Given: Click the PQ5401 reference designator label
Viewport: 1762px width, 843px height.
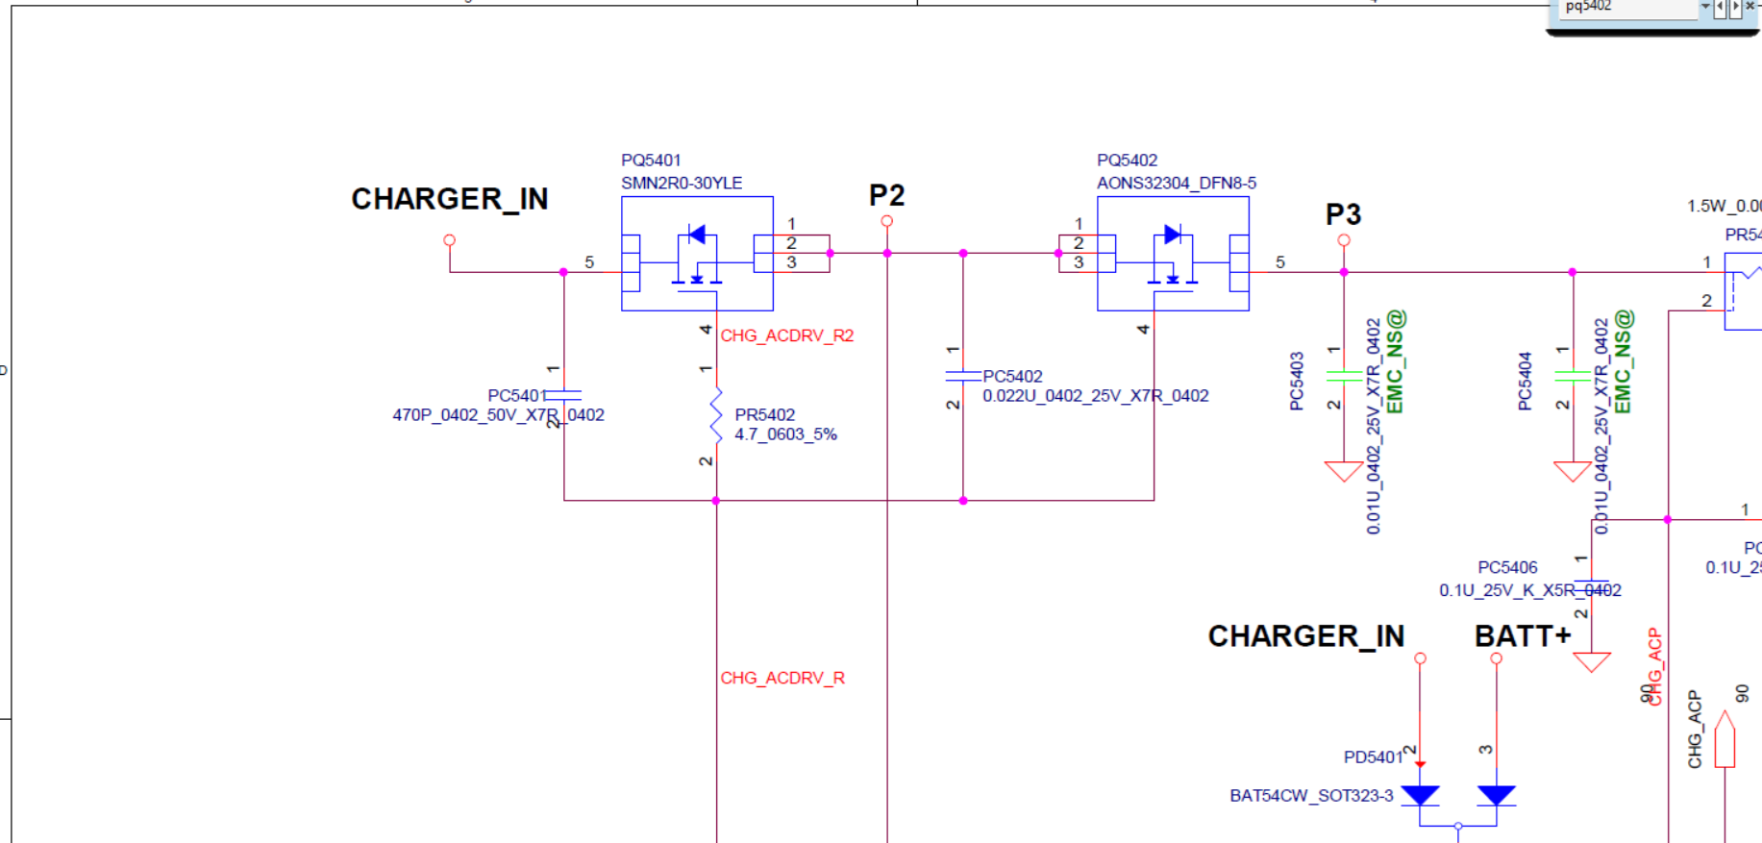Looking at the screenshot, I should click(x=651, y=161).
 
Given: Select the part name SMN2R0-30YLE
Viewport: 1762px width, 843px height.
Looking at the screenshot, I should click(x=682, y=183).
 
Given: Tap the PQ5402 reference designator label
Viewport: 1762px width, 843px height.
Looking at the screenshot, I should click(x=1127, y=161).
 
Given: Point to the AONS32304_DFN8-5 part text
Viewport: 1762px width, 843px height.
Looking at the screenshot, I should click(x=1177, y=183).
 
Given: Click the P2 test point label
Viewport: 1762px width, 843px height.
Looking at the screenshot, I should click(x=886, y=196).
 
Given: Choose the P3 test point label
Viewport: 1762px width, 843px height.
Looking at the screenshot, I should click(x=1343, y=214).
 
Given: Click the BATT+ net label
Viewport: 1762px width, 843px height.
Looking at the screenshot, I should click(x=1523, y=636).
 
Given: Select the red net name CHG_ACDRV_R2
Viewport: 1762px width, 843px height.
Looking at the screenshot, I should click(x=786, y=335).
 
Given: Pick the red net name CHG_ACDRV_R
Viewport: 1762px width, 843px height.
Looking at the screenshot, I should click(x=782, y=679).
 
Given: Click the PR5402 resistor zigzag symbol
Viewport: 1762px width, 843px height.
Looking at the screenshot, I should click(x=716, y=415).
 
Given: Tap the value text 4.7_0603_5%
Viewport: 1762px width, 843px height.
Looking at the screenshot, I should click(x=785, y=434).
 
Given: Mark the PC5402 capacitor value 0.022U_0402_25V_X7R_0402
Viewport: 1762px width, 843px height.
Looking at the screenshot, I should click(x=1095, y=396).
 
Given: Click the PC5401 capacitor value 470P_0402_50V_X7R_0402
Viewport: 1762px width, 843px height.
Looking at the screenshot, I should click(x=498, y=415).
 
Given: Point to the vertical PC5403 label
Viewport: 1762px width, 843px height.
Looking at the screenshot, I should click(x=1297, y=381).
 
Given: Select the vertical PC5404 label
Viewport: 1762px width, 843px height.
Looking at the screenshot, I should click(x=1525, y=381).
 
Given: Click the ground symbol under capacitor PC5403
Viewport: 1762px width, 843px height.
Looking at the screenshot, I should click(x=1343, y=471).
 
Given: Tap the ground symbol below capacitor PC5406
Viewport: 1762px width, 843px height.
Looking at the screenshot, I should click(x=1591, y=661).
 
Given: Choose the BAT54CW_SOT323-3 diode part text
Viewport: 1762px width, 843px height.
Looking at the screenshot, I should click(x=1311, y=796).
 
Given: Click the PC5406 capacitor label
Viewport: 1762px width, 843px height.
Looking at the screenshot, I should click(x=1507, y=568).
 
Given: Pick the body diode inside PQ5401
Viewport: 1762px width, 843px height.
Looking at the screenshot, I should click(x=697, y=234).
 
